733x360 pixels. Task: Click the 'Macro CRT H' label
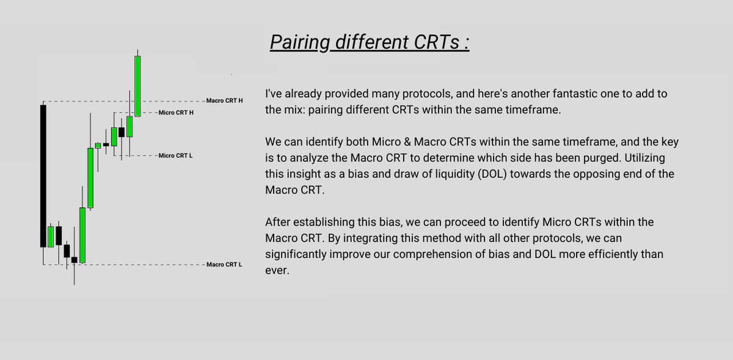225,100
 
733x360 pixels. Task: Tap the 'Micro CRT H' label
176,112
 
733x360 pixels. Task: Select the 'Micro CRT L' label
176,156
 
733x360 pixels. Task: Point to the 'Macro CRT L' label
225,265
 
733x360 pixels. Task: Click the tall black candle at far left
43,175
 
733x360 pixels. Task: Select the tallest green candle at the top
138,86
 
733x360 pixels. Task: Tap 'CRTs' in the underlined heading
431,44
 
